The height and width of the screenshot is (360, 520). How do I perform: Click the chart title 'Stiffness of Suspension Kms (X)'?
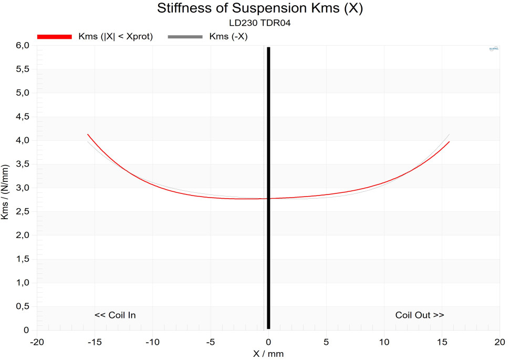[x=260, y=9]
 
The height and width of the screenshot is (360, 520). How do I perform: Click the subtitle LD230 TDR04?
[x=260, y=23]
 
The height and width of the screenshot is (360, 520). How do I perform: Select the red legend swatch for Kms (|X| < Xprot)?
[x=54, y=36]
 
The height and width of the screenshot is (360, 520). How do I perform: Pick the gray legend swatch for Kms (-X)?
[x=184, y=36]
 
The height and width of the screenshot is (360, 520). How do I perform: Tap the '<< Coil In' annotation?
[x=115, y=315]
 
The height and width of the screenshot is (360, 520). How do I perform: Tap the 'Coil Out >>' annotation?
[x=420, y=315]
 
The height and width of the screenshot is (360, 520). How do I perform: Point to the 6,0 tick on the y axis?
[x=23, y=46]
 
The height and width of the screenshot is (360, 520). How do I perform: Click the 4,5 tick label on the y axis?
[x=23, y=117]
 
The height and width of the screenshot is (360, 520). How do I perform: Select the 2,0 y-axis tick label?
[x=23, y=235]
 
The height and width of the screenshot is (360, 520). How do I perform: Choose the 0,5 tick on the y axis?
[x=23, y=306]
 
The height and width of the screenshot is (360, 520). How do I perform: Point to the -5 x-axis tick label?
[x=210, y=342]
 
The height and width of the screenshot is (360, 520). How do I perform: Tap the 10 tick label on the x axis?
[x=384, y=342]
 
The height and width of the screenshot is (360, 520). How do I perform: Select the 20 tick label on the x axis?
[x=500, y=342]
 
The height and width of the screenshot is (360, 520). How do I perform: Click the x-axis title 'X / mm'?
[x=268, y=354]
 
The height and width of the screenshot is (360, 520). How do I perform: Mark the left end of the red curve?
[x=87, y=135]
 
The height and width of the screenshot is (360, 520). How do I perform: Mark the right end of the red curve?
[x=449, y=142]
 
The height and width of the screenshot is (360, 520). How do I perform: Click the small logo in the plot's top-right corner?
[x=494, y=49]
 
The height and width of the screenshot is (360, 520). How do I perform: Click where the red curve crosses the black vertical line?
[x=268, y=198]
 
